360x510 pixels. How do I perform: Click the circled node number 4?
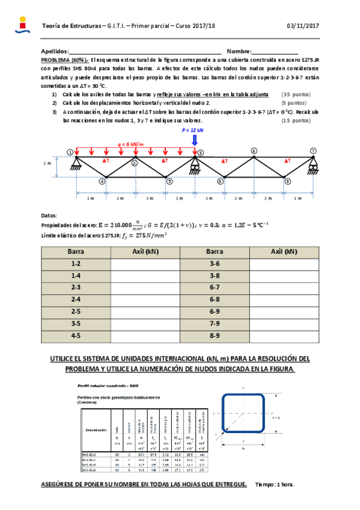[x=102, y=180]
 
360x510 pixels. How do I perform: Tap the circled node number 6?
[x=254, y=151]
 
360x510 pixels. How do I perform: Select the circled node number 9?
[x=287, y=180]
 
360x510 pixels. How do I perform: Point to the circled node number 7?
[x=313, y=151]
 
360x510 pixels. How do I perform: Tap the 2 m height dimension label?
[x=47, y=164]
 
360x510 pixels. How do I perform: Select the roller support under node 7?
[x=313, y=164]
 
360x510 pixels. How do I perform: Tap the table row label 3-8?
[x=215, y=275]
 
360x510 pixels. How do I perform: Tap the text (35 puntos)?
[x=296, y=95]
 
